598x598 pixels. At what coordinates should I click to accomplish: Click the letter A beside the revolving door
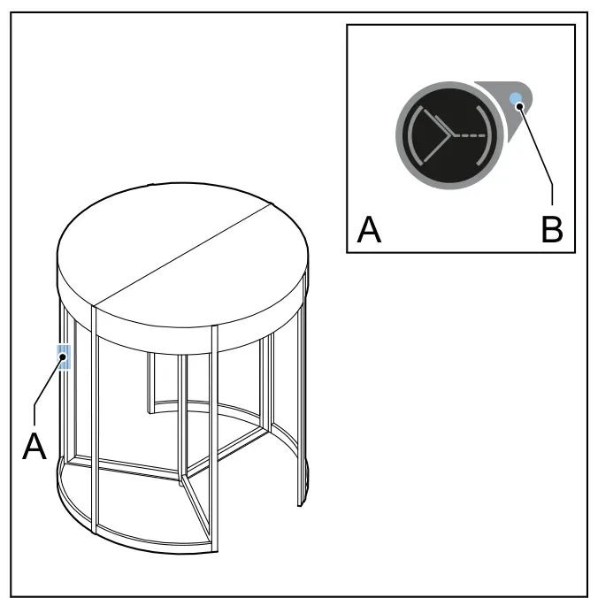point(34,446)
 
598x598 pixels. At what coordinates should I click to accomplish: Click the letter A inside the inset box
point(369,229)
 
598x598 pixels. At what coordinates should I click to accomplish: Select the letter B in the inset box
point(552,229)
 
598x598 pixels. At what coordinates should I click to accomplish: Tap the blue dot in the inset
point(517,99)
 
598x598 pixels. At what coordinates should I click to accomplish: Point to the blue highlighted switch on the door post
point(64,357)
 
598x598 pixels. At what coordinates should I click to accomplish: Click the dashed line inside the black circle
point(471,135)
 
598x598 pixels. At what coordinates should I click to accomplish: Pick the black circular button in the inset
point(449,135)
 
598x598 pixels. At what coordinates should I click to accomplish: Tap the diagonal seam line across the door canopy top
point(184,254)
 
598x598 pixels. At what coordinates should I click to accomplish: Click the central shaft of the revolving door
point(183,419)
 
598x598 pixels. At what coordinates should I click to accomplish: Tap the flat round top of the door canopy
point(182,255)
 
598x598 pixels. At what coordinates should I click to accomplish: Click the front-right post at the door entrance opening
point(214,439)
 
